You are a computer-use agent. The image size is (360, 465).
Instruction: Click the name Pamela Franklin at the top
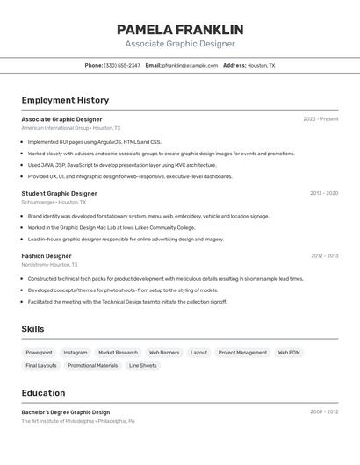(180, 30)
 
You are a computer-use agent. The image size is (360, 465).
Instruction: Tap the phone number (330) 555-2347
(122, 65)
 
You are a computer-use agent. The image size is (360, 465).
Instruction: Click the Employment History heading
(65, 100)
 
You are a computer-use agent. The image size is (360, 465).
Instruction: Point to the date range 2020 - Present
(320, 119)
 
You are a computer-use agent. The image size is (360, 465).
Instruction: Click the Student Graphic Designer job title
(59, 193)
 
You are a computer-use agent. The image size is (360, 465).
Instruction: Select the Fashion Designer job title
(47, 256)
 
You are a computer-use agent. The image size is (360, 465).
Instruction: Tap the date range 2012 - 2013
(324, 256)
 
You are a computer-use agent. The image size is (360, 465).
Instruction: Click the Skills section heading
(33, 329)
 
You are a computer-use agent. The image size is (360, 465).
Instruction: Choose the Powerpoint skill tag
(39, 353)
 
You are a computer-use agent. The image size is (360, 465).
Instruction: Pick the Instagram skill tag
(76, 353)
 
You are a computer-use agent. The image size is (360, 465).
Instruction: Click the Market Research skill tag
(118, 353)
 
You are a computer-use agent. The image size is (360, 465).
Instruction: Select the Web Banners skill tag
(164, 353)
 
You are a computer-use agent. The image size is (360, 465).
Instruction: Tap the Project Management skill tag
(242, 353)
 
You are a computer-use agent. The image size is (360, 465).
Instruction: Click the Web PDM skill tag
(289, 353)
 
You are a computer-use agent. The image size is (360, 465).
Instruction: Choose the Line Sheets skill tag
(142, 365)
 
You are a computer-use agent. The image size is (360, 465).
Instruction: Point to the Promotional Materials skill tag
(93, 365)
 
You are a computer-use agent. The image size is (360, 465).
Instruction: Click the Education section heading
(43, 393)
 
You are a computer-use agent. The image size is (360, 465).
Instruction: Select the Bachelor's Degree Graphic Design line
(66, 412)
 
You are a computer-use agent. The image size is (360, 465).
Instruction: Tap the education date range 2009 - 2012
(324, 411)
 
